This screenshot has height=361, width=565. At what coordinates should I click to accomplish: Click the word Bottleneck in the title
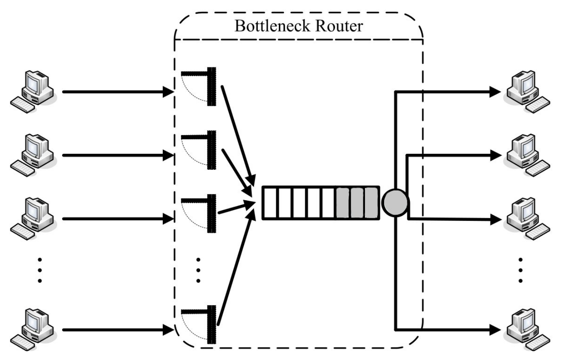[267, 27]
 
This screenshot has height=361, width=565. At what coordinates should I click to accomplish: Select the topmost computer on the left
[34, 90]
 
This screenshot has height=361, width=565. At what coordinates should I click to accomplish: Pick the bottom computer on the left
[34, 328]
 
